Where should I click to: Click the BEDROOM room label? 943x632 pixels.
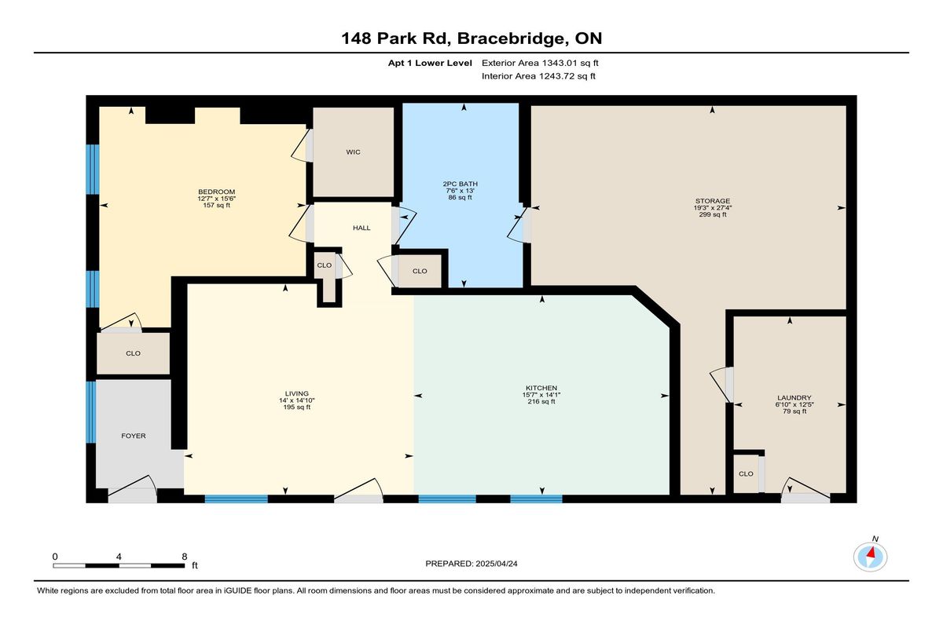coord(216,192)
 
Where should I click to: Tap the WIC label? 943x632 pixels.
coord(353,152)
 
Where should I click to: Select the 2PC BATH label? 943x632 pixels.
coord(460,184)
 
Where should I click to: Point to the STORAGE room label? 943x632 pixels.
coord(713,201)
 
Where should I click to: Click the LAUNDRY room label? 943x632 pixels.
coord(794,398)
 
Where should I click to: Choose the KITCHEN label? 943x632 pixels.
coord(541,388)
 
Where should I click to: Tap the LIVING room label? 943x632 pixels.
coord(297,394)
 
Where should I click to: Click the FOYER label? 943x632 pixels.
coord(134,436)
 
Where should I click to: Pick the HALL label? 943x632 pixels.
coord(361,228)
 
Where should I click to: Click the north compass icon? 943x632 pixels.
coord(870,557)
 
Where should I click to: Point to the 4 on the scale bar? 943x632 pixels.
coord(119,557)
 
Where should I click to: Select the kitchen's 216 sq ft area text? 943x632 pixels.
coord(541,401)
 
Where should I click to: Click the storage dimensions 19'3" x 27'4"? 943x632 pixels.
coord(713,208)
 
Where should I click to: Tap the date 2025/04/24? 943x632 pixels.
coord(497,564)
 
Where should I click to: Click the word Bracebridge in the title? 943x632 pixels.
coord(512,38)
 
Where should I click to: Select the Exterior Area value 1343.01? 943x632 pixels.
coord(560,63)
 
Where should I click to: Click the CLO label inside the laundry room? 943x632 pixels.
coord(746,474)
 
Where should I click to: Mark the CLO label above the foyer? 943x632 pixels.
coord(133,353)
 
